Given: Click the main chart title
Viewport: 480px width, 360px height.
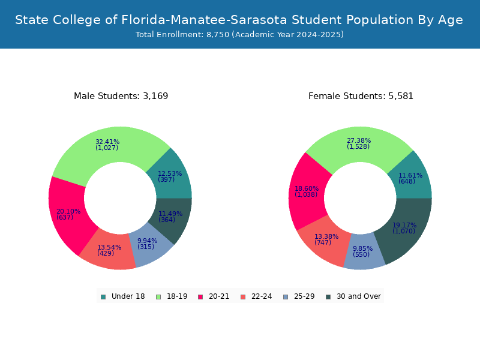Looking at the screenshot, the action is tap(239, 20).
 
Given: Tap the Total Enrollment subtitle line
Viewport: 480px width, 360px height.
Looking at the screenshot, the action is tap(239, 34).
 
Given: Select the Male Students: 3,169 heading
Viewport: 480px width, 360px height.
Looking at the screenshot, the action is tap(121, 96).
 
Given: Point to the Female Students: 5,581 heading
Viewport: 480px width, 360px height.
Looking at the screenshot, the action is tap(361, 96).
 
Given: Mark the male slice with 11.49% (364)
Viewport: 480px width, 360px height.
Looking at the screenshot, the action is tap(171, 217).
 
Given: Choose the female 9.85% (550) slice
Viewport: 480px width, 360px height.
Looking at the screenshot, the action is tap(364, 252).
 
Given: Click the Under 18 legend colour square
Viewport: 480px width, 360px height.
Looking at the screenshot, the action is tap(103, 297).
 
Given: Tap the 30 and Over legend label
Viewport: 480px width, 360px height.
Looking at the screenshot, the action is tap(359, 296).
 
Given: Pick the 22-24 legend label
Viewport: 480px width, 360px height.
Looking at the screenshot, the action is tap(262, 296).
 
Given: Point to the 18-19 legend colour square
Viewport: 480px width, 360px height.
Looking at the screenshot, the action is tap(158, 297).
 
